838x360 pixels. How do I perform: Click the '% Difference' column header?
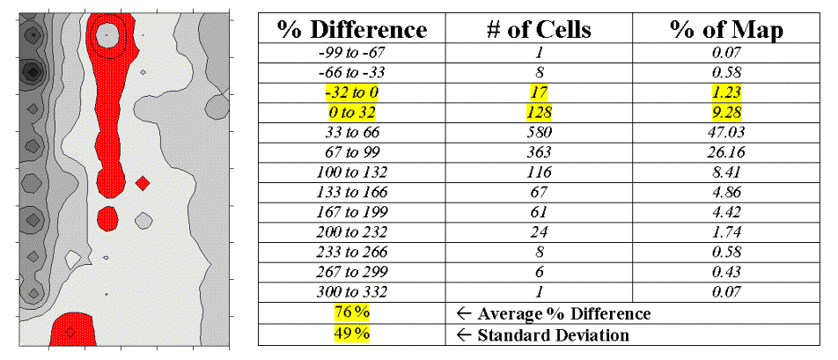point(352,29)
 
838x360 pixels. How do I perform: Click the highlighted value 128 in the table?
point(540,113)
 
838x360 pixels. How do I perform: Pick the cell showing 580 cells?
point(540,132)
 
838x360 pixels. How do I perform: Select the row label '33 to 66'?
point(352,132)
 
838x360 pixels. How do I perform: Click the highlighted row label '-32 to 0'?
point(352,92)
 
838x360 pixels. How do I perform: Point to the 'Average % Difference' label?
point(563,313)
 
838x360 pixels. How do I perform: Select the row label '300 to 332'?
point(352,291)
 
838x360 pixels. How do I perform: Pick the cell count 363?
point(540,152)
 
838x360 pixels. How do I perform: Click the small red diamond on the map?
point(143,183)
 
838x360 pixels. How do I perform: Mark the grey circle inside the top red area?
point(107,35)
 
